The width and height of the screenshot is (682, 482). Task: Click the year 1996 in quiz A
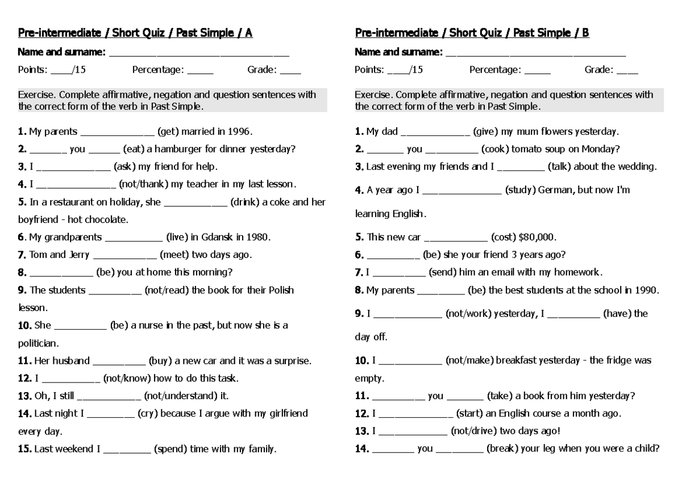(x=239, y=132)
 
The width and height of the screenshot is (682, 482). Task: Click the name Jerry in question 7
(x=79, y=255)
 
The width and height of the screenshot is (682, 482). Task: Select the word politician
(x=38, y=344)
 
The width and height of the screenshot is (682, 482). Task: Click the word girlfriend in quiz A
(x=287, y=413)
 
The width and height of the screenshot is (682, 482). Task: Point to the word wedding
(x=637, y=167)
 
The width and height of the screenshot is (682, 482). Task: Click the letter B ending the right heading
(x=585, y=33)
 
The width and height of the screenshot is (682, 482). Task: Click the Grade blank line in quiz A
(x=290, y=71)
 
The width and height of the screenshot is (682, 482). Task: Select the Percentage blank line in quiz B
(x=537, y=71)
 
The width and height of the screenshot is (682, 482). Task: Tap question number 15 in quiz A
(x=24, y=449)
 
